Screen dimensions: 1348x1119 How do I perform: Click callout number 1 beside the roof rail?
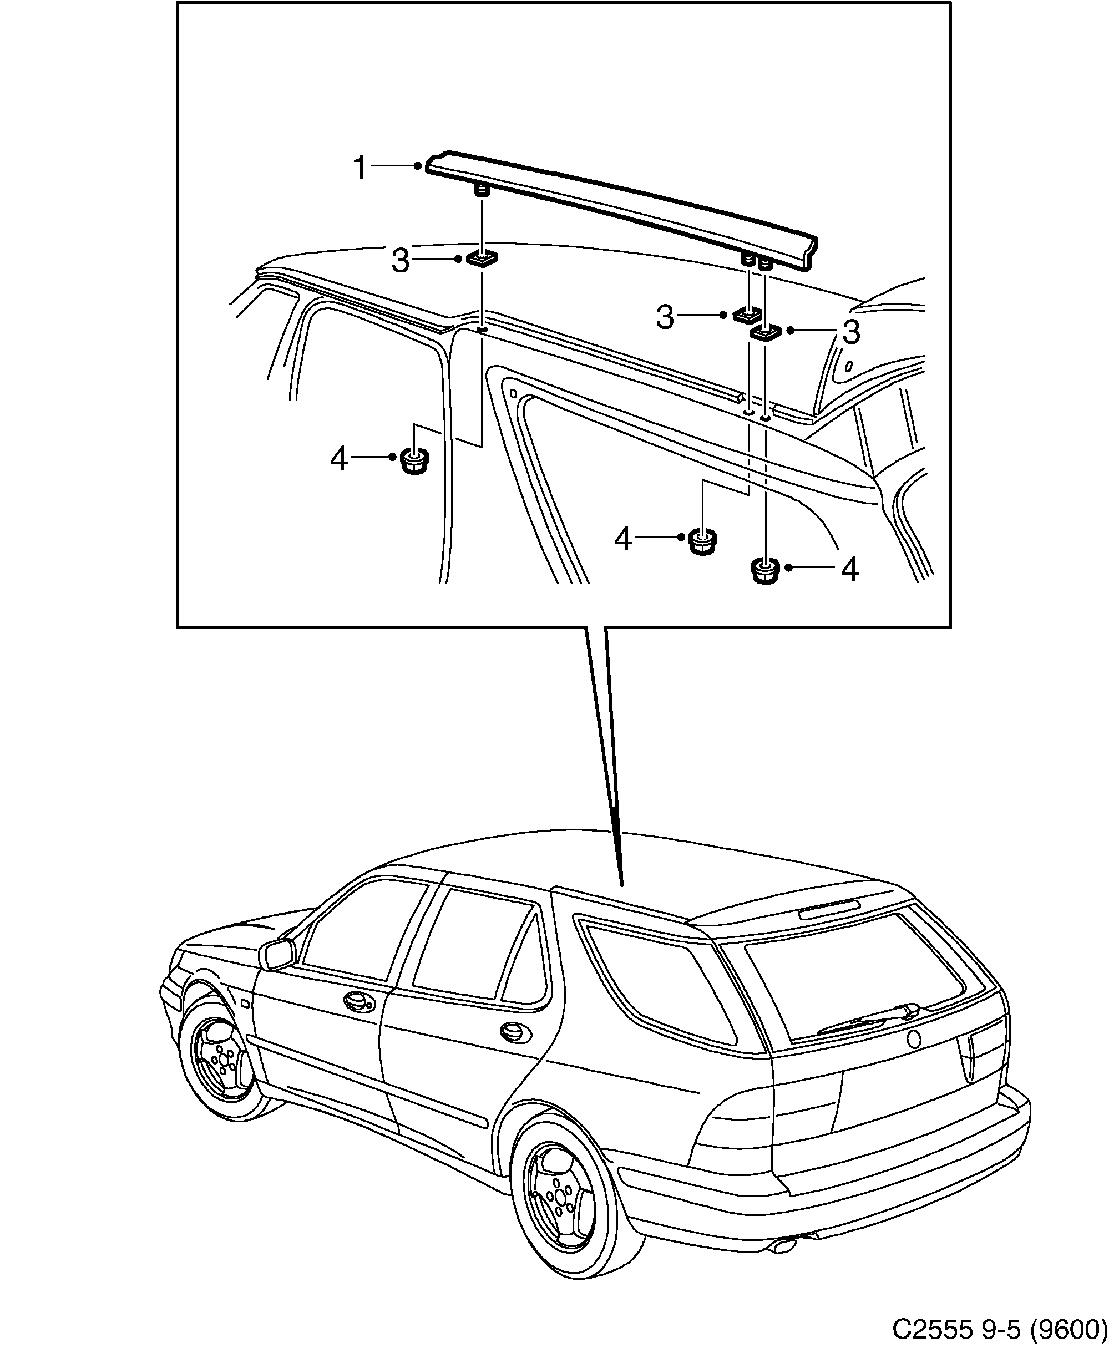click(x=360, y=168)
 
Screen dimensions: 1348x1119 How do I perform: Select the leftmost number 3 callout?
click(x=401, y=261)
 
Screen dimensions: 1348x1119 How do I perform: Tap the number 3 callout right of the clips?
click(x=850, y=332)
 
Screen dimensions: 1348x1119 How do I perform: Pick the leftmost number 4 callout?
click(x=339, y=459)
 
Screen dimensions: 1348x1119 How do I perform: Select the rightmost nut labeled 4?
click(x=764, y=571)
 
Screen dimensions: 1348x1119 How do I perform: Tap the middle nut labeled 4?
click(x=703, y=542)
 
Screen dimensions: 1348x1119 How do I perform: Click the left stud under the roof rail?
click(x=481, y=191)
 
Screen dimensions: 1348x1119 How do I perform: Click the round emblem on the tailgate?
click(x=913, y=1038)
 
